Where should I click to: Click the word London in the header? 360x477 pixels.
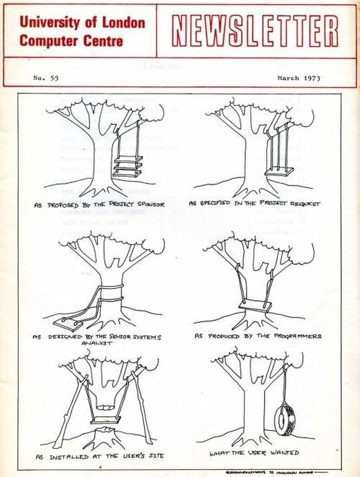(x=121, y=22)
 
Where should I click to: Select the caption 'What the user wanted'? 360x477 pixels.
(x=267, y=454)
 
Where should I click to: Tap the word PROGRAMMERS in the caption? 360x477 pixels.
(x=297, y=336)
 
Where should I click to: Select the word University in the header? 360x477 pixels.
(x=47, y=22)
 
